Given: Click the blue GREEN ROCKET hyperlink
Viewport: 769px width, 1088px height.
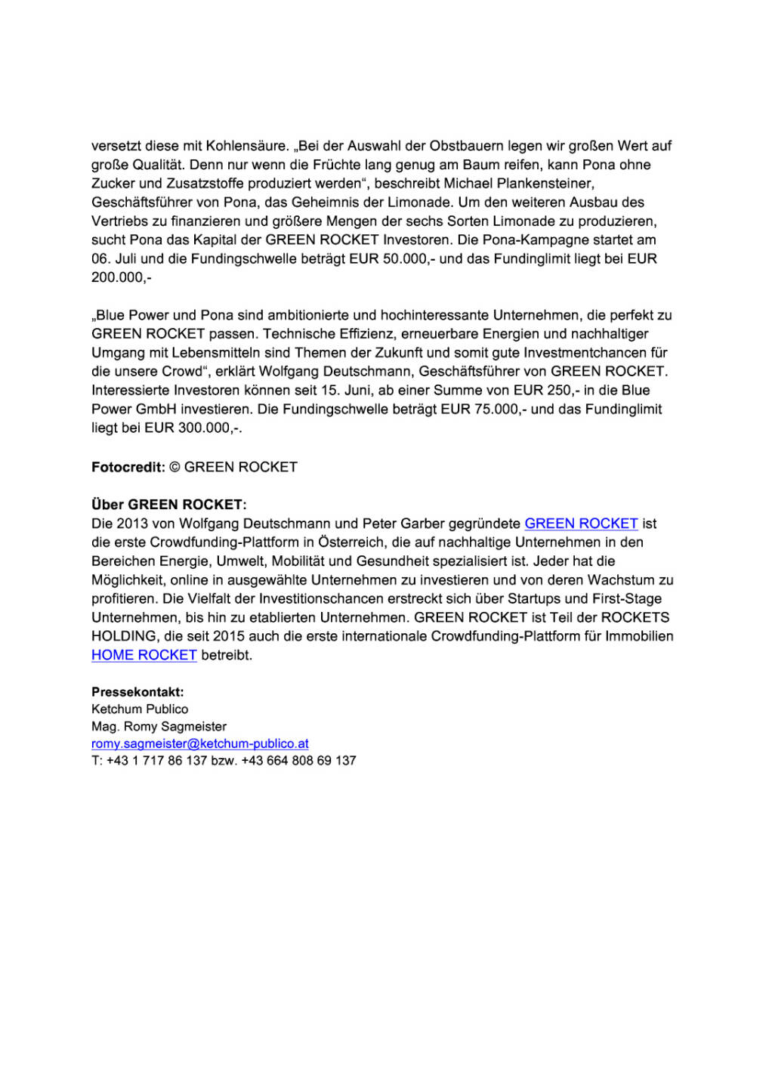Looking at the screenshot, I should click(581, 524).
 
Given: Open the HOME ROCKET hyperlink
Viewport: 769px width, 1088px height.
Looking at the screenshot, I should click(144, 655).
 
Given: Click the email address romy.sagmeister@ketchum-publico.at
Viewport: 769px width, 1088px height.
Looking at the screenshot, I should click(199, 743).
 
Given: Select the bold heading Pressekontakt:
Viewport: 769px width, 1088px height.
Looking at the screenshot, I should click(137, 692).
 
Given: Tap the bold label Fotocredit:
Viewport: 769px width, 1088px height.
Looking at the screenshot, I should click(128, 467).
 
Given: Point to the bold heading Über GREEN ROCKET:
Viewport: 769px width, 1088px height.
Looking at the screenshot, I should click(168, 505).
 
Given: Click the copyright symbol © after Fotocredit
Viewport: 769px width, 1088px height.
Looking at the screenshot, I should click(174, 467).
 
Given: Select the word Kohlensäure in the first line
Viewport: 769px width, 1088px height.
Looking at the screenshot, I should click(247, 146).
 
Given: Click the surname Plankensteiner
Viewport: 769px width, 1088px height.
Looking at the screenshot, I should click(545, 184).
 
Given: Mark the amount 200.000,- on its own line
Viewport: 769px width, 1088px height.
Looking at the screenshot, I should click(121, 278).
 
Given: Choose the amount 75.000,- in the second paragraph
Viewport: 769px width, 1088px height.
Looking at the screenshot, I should click(499, 410).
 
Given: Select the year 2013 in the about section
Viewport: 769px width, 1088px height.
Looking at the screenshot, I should click(132, 524).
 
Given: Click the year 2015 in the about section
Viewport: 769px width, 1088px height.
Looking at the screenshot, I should click(229, 636).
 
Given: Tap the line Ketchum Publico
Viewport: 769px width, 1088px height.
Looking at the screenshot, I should click(140, 709).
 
